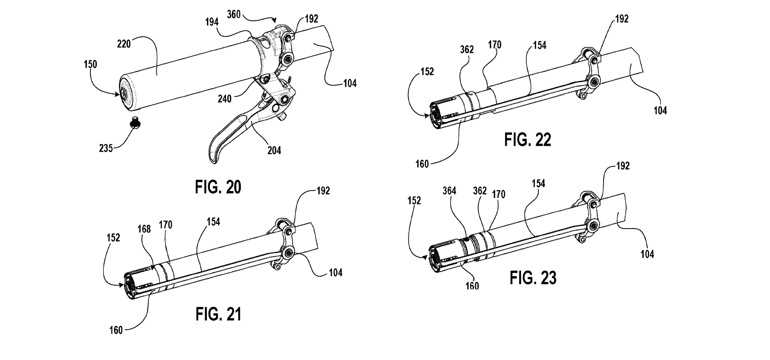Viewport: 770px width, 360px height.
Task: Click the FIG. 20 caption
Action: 218,187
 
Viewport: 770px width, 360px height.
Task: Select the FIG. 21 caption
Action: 218,314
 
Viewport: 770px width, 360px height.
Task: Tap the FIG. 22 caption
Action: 528,140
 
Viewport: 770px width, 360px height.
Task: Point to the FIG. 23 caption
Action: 533,277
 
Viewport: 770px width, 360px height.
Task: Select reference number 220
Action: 124,44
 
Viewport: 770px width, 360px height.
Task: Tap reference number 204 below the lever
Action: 274,150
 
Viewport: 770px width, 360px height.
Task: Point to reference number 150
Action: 90,64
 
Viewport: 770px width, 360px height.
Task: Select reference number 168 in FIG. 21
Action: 144,229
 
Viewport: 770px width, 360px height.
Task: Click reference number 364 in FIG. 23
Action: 450,191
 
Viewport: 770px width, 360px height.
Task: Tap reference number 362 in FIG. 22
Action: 467,49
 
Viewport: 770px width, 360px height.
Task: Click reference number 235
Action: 105,148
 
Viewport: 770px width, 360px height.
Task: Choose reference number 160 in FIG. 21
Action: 116,331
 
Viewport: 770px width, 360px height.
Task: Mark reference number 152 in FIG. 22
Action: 426,71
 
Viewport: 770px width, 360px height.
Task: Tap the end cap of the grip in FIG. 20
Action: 125,92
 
